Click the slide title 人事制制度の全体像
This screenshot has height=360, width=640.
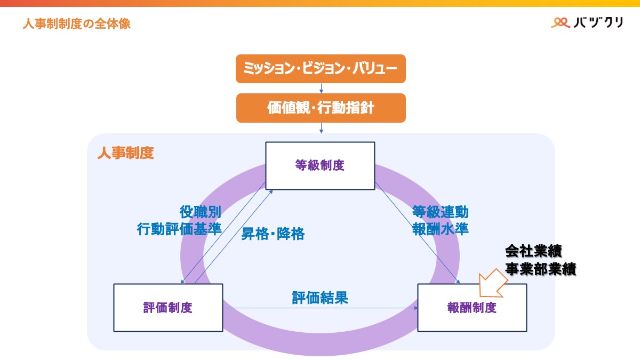coord(76,24)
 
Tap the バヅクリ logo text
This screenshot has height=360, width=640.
coord(598,22)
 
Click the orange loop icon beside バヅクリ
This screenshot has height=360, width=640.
coord(561,22)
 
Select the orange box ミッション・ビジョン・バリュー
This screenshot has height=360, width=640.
coord(321,69)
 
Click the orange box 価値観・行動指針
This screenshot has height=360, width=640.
coord(321,108)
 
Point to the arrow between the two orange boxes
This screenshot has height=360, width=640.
coord(321,89)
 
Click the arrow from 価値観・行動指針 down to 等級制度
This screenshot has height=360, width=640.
coord(321,128)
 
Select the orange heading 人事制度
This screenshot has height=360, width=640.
coord(125,154)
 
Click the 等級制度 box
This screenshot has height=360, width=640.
coord(320,165)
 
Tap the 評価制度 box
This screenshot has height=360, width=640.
coord(168,308)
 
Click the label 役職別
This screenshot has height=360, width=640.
coord(200,212)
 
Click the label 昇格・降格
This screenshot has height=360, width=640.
coord(273,234)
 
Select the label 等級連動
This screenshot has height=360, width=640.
coord(441,212)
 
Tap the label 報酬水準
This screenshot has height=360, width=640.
coord(441,229)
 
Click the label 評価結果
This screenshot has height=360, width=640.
coord(320,298)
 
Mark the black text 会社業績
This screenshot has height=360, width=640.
coord(533,251)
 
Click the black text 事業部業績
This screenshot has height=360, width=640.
coord(540,269)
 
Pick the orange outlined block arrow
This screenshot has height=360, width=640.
coord(493,282)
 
